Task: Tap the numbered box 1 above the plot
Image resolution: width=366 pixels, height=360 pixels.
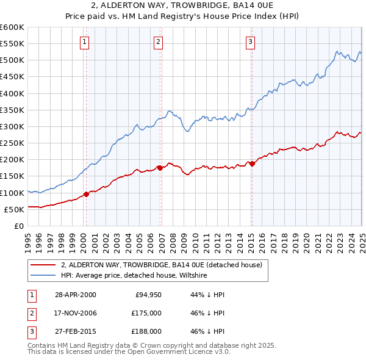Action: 84,42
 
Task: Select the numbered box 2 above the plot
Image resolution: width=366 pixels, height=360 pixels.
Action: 158,42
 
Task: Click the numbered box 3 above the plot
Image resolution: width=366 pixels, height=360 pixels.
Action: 250,42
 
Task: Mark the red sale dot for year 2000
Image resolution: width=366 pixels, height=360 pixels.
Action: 86,194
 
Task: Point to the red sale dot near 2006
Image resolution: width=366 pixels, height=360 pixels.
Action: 160,167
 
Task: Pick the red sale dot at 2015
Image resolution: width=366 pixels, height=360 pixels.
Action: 252,163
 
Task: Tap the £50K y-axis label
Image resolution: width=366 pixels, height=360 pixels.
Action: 15,209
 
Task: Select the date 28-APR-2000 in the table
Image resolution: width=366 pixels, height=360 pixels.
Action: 76,295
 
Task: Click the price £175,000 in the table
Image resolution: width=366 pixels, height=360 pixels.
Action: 147,313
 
